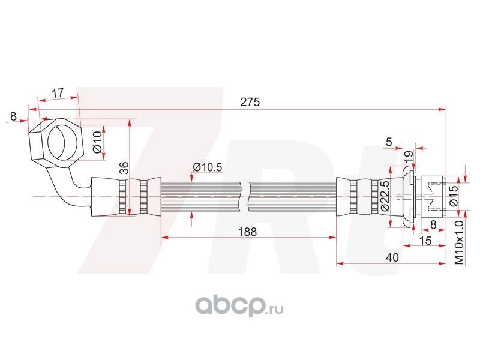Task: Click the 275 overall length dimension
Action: click(250, 101)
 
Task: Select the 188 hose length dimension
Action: click(247, 232)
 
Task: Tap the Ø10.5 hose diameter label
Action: click(208, 167)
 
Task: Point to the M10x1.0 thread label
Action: click(460, 243)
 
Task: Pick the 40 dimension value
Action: click(392, 257)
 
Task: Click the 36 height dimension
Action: click(124, 168)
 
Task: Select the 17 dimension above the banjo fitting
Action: click(57, 93)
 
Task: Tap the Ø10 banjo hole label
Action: click(97, 142)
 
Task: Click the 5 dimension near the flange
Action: click(389, 142)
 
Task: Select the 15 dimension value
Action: click(425, 241)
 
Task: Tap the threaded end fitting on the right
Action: click(432, 197)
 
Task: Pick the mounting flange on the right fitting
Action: click(408, 197)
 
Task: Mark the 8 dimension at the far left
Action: click(13, 116)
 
